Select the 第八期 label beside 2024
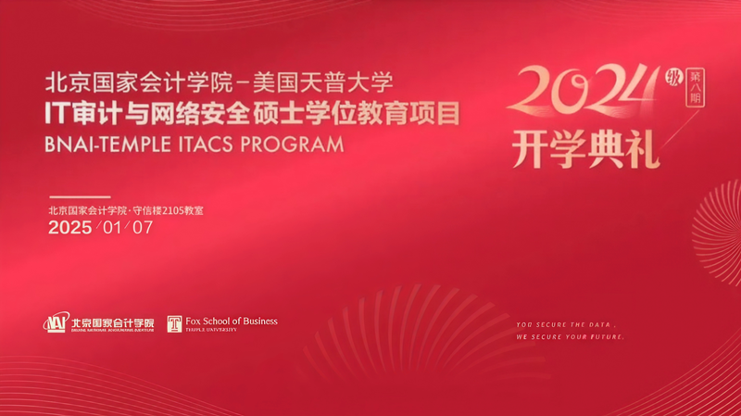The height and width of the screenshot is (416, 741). click(690, 85)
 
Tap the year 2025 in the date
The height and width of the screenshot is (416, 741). click(69, 228)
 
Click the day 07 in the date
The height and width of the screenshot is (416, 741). click(143, 228)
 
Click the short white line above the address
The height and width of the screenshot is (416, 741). click(79, 197)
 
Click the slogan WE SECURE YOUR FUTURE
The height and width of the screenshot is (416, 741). click(571, 337)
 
